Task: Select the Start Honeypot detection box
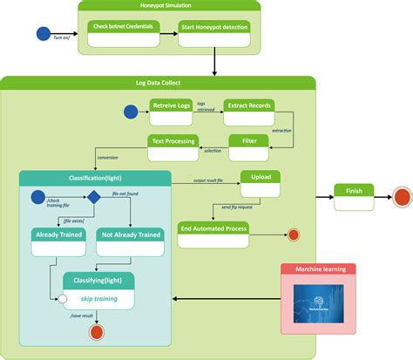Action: (x=213, y=32)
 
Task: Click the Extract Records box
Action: (x=249, y=112)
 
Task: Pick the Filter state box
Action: (x=254, y=146)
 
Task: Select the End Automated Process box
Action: (x=213, y=234)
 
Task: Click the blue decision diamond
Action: (x=91, y=198)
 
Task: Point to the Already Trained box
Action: (x=59, y=241)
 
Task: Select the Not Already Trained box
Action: (x=130, y=241)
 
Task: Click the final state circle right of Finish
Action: (x=402, y=197)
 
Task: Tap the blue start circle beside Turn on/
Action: (x=44, y=34)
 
